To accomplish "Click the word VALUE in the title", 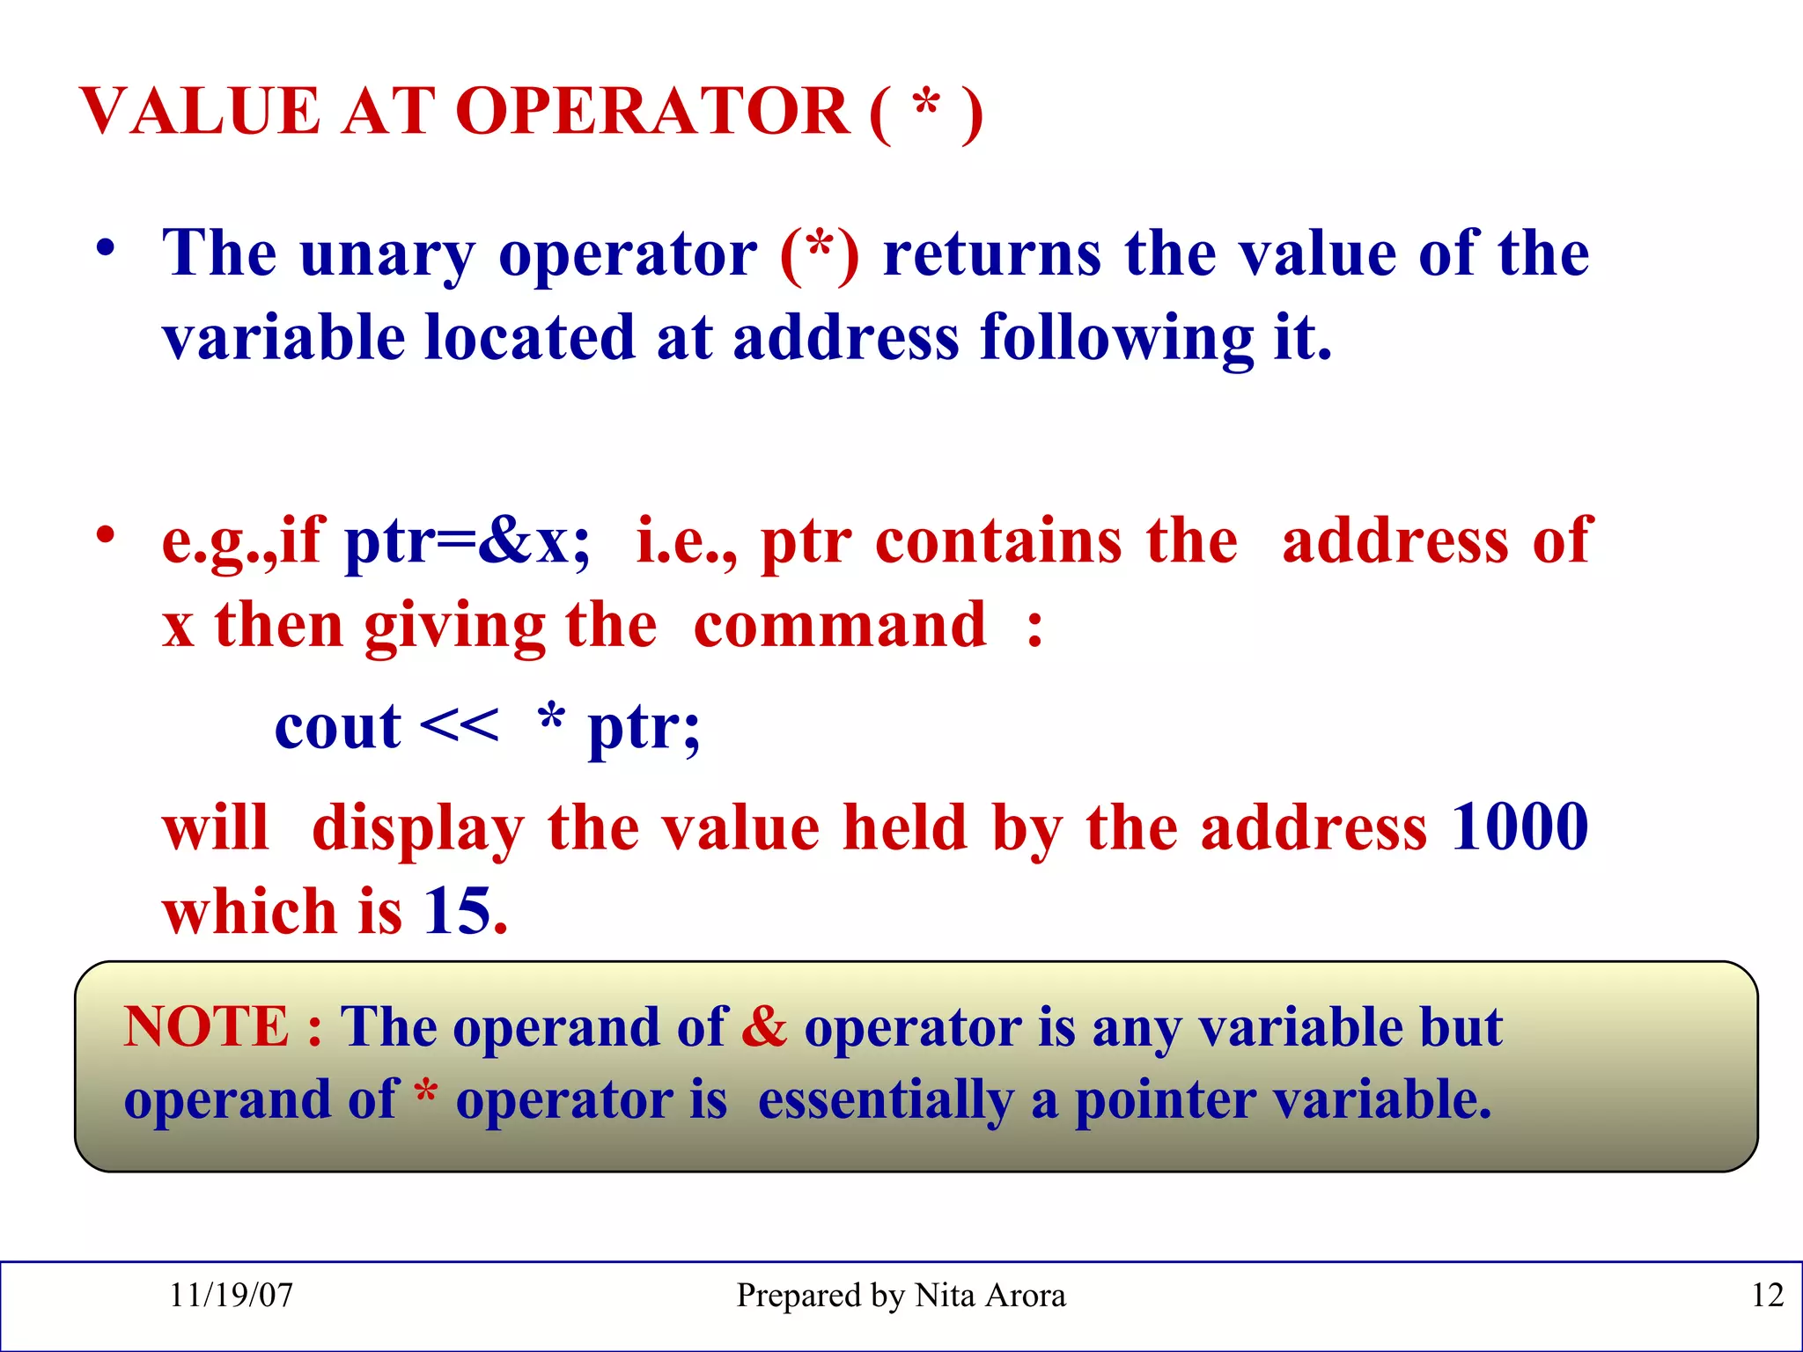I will [201, 112].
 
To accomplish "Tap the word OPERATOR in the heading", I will [651, 112].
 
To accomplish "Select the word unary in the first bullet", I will [387, 255].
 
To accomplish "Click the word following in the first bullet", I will [1116, 340].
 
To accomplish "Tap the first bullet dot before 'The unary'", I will [107, 247].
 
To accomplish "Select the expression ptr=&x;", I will [467, 540].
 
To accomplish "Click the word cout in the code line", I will [337, 728].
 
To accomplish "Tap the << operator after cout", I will [459, 726].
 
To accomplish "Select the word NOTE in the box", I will [206, 1026].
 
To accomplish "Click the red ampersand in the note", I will [763, 1026].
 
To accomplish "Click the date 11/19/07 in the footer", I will [231, 1295].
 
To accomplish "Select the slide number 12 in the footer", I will [1767, 1295].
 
